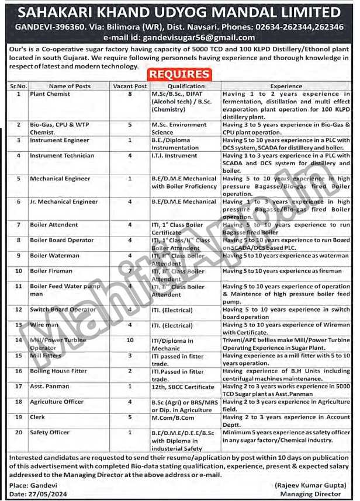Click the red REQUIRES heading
179,74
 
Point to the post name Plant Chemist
50,93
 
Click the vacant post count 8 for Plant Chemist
129,93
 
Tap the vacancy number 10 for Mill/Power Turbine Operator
129,340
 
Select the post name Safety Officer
50,433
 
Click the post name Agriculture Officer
57,402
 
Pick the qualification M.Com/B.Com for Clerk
174,418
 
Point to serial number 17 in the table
19,387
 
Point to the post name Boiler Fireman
52,271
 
